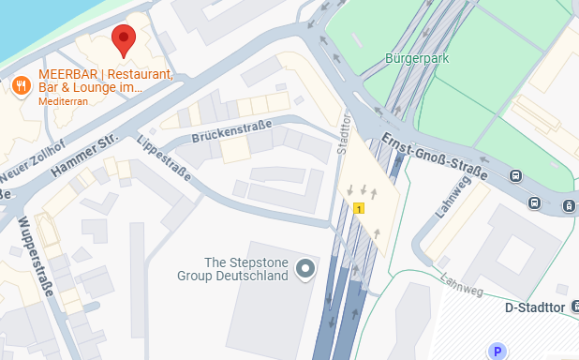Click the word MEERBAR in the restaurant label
tap(67, 74)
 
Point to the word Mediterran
tap(63, 101)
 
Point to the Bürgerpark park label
tap(417, 58)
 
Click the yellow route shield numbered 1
tap(360, 207)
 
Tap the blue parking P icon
tap(497, 351)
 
